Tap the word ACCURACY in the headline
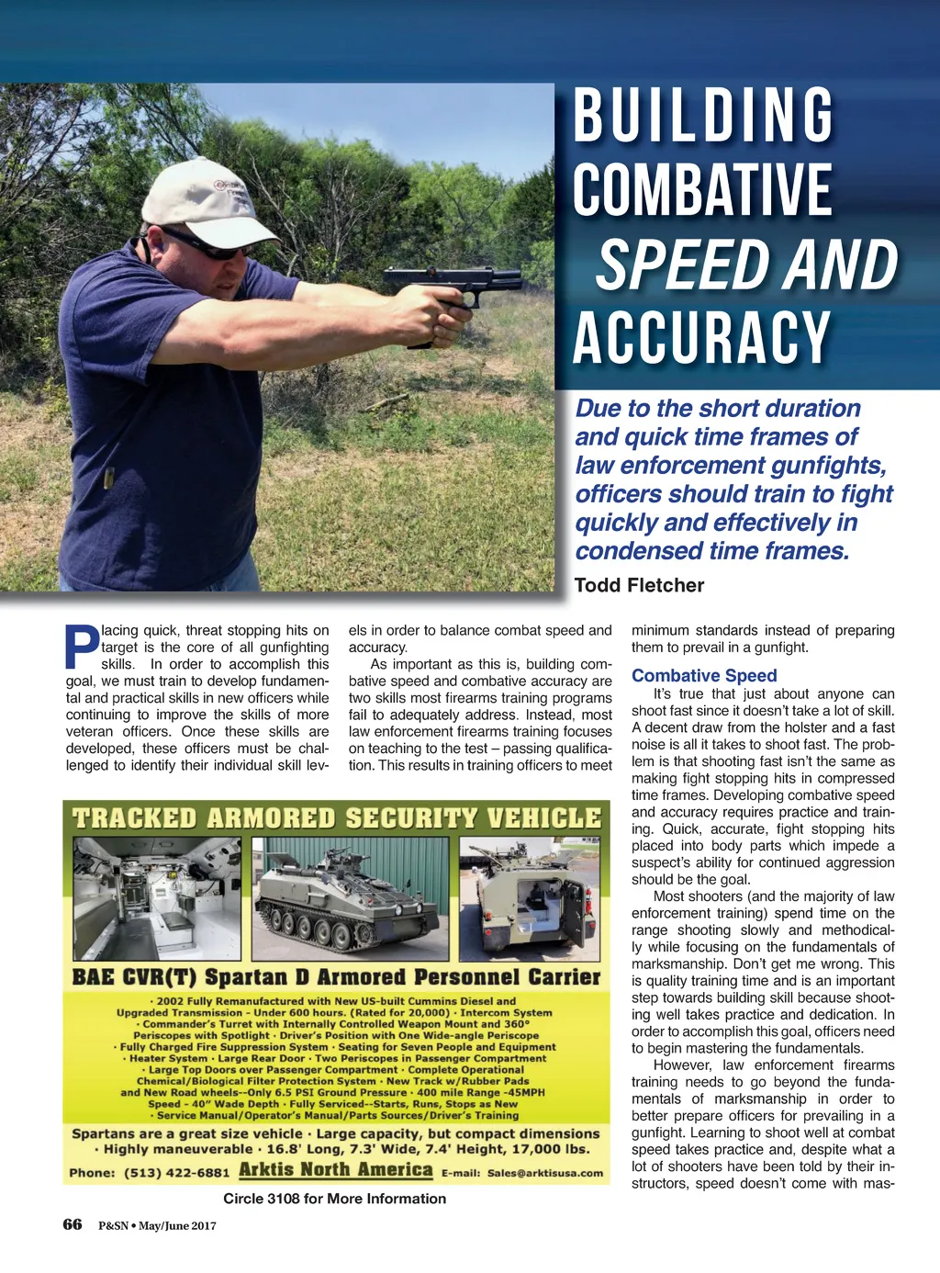tap(702, 338)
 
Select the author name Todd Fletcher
tap(639, 585)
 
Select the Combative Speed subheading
tap(704, 675)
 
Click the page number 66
tap(73, 1223)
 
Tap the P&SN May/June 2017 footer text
tap(157, 1225)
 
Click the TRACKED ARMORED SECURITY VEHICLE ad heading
tap(337, 818)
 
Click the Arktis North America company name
tap(335, 1170)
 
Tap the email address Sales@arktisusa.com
tap(545, 1173)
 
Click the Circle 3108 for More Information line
tap(335, 1199)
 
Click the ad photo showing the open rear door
tap(533, 898)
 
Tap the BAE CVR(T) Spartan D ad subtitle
tap(336, 976)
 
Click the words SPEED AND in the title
tap(746, 265)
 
